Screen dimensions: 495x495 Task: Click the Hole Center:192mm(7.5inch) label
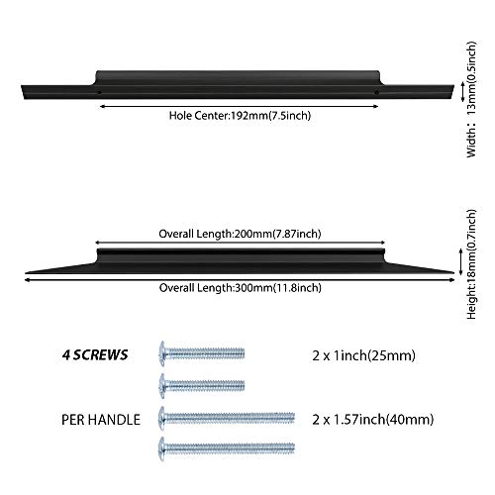(240, 116)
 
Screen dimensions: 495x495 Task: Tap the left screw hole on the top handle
(99, 93)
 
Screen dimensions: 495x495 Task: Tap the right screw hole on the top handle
(376, 93)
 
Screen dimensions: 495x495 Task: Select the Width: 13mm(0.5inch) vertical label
(472, 99)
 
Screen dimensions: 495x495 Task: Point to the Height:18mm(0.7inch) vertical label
(472, 264)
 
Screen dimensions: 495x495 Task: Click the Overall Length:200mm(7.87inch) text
(240, 234)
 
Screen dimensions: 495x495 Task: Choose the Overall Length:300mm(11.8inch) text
(240, 288)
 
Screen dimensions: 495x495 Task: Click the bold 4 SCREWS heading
(95, 355)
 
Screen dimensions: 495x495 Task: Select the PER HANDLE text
(101, 420)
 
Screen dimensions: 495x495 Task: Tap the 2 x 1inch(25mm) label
(363, 355)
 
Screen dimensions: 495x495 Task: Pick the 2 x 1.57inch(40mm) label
(373, 420)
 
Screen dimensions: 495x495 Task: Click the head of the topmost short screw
(161, 354)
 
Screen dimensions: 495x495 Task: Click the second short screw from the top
(202, 385)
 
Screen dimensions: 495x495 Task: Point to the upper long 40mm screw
(227, 418)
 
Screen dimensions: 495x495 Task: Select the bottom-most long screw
(227, 448)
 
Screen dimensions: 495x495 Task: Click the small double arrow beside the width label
(462, 91)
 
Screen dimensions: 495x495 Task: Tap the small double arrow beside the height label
(461, 262)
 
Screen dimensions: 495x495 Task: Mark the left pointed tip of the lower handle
(26, 273)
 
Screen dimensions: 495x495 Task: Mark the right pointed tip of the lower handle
(454, 272)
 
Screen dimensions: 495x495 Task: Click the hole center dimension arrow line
(239, 106)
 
